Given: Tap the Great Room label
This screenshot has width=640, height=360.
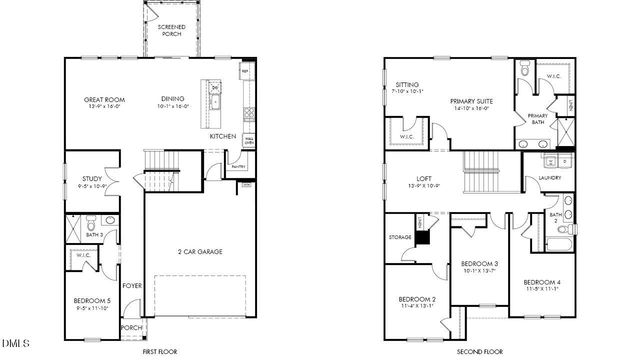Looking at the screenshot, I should [x=105, y=100].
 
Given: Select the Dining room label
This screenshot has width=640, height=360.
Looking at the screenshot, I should [x=174, y=100].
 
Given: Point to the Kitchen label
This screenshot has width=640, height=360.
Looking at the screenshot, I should [x=222, y=136].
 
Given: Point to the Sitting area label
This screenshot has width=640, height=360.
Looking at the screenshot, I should [x=407, y=86].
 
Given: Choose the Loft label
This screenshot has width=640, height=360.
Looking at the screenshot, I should [x=425, y=181].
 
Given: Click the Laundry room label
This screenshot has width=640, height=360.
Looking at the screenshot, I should [x=549, y=179].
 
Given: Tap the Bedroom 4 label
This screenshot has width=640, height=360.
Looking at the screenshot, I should [x=543, y=284].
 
